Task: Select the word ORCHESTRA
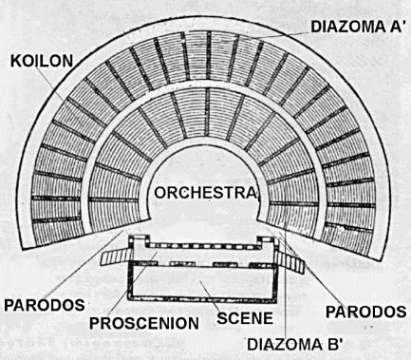click(x=206, y=193)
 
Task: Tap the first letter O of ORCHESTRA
click(x=159, y=193)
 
